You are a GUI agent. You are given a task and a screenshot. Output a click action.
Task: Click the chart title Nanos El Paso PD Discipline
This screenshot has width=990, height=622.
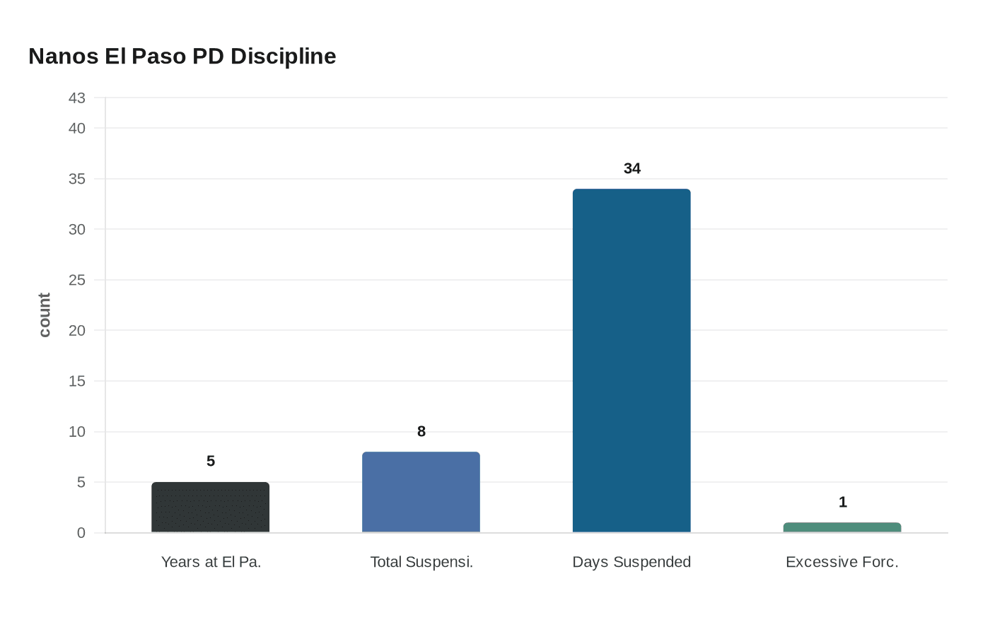182,56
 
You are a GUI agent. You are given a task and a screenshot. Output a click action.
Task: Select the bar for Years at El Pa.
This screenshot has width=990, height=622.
210,507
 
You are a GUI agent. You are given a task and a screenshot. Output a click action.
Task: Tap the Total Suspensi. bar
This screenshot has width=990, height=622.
421,492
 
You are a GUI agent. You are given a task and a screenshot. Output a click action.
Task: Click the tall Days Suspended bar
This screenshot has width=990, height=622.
631,360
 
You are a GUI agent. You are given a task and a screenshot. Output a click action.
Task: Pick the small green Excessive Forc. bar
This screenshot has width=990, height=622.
841,527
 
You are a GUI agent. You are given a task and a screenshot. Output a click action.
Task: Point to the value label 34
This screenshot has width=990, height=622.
631,168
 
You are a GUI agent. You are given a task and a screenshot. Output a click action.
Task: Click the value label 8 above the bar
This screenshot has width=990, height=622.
421,431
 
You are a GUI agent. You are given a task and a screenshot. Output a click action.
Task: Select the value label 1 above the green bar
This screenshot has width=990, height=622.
842,502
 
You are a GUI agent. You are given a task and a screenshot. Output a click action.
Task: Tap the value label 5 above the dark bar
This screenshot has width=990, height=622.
210,461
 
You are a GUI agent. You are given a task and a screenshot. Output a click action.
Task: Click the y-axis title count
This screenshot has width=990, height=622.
45,315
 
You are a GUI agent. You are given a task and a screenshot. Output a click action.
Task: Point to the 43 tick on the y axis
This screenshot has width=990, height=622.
76,98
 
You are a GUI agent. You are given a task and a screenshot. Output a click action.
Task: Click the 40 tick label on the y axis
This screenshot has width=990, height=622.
76,128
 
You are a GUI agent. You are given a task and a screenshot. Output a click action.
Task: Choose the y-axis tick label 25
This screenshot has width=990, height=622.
76,280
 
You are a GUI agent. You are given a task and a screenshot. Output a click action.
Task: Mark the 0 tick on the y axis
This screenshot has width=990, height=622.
81,533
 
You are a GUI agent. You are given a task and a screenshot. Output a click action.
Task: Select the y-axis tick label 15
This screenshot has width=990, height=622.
76,381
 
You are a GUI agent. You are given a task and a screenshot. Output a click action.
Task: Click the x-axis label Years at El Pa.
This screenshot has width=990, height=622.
211,562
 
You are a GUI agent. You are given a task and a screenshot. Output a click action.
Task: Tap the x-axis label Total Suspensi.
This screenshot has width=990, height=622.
421,562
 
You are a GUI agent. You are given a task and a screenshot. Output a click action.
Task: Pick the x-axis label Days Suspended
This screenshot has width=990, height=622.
631,562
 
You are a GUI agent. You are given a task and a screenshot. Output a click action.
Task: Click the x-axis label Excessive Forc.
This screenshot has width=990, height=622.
841,562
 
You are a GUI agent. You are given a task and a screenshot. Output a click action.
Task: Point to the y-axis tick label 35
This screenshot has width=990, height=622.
76,179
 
